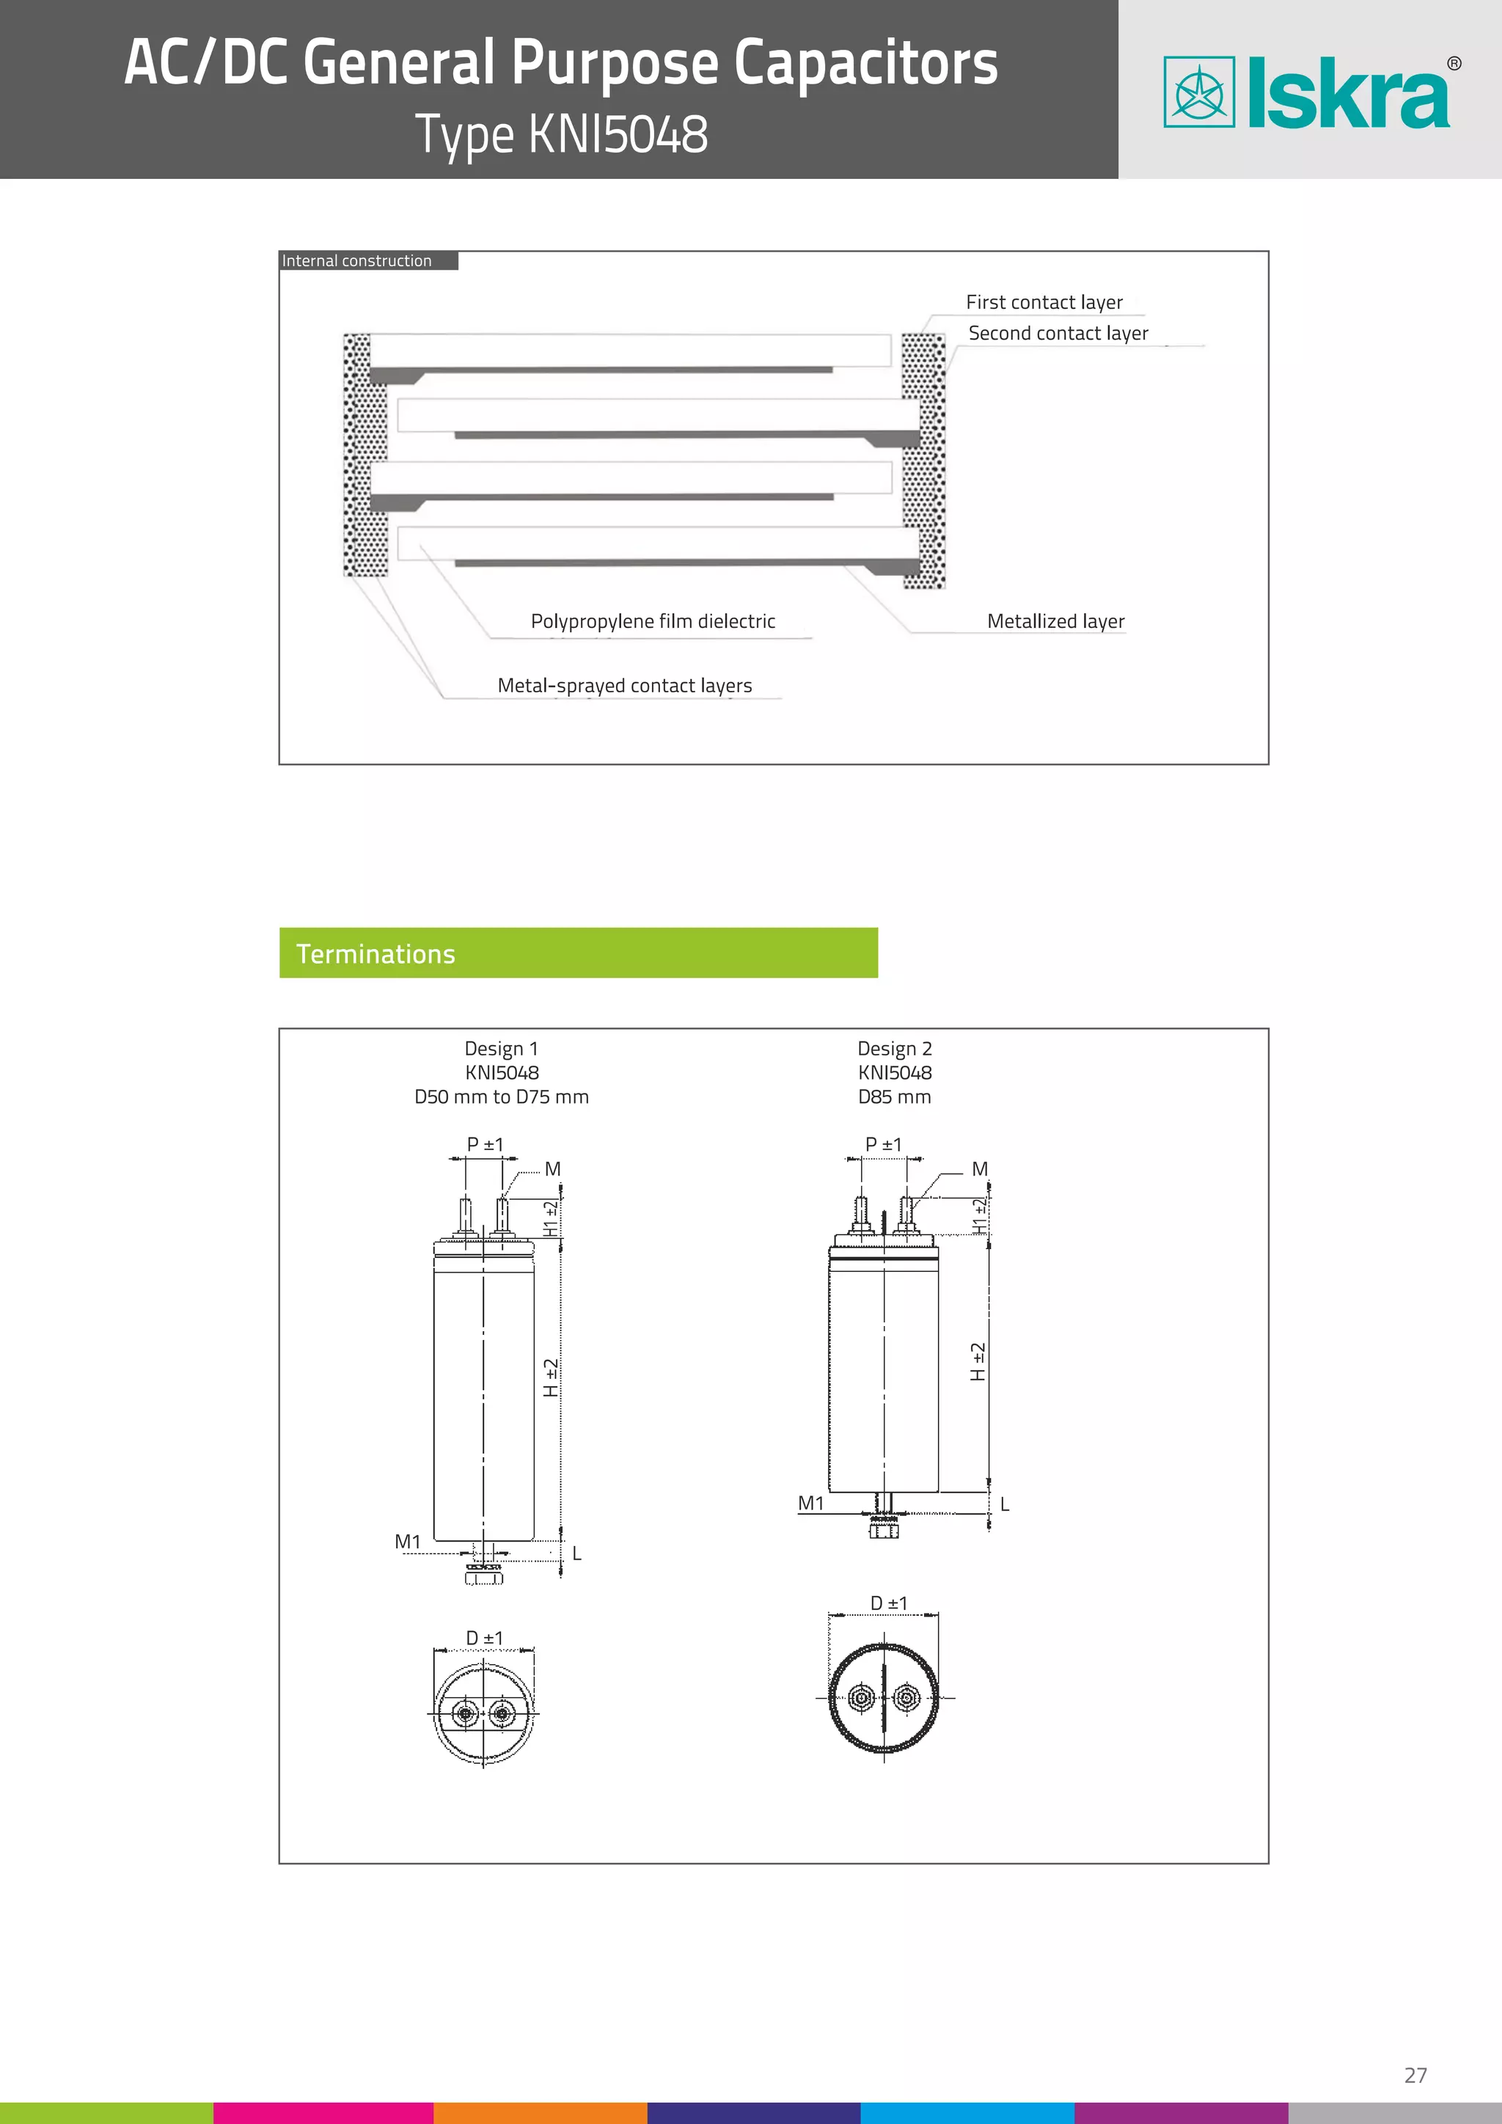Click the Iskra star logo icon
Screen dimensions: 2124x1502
tap(1198, 92)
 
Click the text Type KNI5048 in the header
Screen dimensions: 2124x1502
tap(561, 134)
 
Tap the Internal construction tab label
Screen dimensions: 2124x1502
tap(357, 261)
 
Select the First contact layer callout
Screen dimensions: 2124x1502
tap(1044, 302)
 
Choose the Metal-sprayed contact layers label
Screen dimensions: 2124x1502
tap(624, 686)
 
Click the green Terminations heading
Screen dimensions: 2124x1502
tap(375, 953)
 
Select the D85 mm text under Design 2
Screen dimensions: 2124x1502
tap(894, 1096)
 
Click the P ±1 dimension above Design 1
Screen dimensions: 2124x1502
tap(485, 1144)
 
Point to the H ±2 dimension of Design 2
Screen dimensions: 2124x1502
tap(978, 1362)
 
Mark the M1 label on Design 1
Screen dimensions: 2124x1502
tap(407, 1541)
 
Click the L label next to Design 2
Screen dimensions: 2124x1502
tap(1005, 1505)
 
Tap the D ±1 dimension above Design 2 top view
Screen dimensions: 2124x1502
tap(888, 1603)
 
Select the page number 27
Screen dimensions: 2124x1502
tap(1415, 2075)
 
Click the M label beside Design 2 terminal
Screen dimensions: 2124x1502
tap(979, 1169)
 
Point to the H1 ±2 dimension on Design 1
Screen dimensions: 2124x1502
tap(550, 1218)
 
